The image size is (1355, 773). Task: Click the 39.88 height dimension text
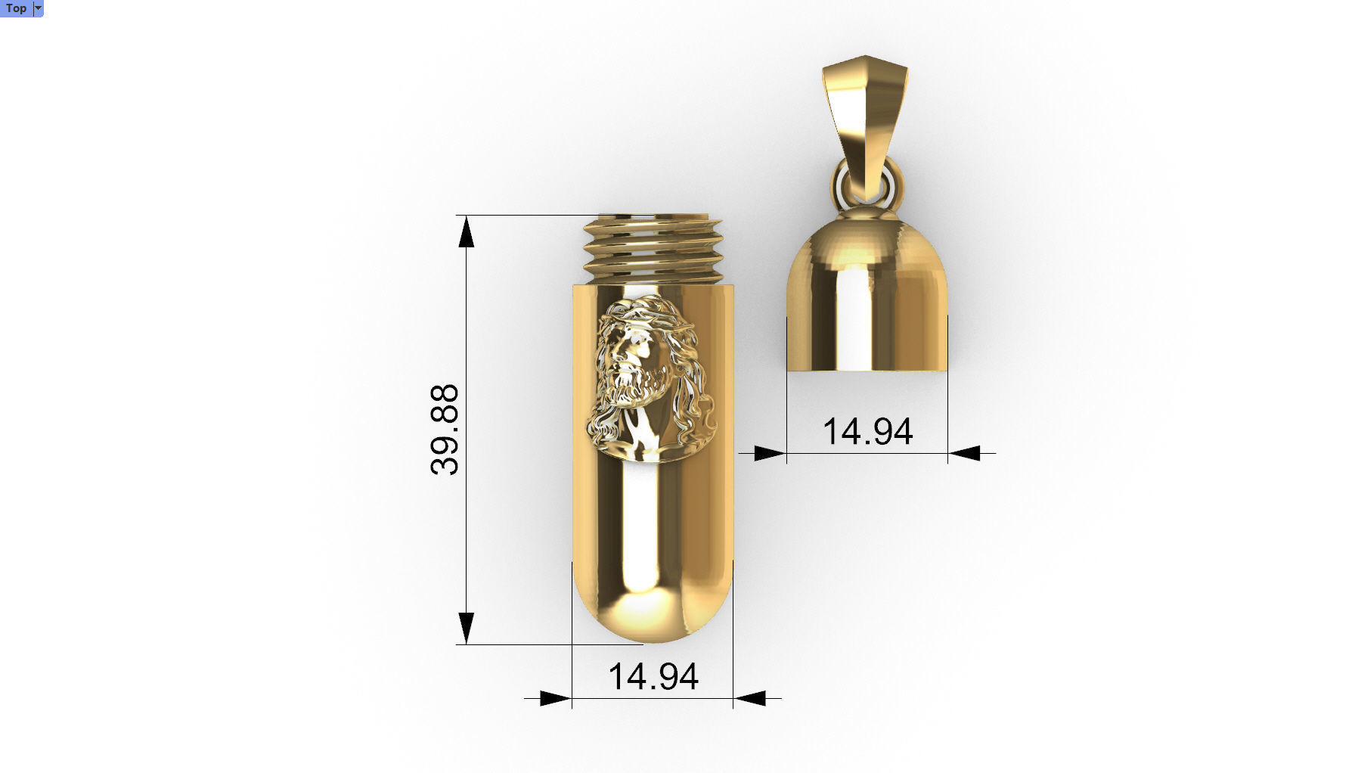pos(445,430)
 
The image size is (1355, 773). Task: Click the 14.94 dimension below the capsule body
pos(653,676)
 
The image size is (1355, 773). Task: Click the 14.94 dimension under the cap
pos(867,431)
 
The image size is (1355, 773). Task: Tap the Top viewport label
pos(16,8)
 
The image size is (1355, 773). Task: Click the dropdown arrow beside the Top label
pos(39,8)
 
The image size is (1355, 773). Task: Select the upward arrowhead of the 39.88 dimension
pos(467,231)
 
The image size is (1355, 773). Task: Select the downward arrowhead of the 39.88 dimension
pos(467,628)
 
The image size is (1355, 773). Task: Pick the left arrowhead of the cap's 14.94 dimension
pos(770,453)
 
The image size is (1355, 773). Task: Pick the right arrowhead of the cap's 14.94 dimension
pos(965,453)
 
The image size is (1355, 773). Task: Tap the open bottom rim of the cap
pos(867,370)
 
